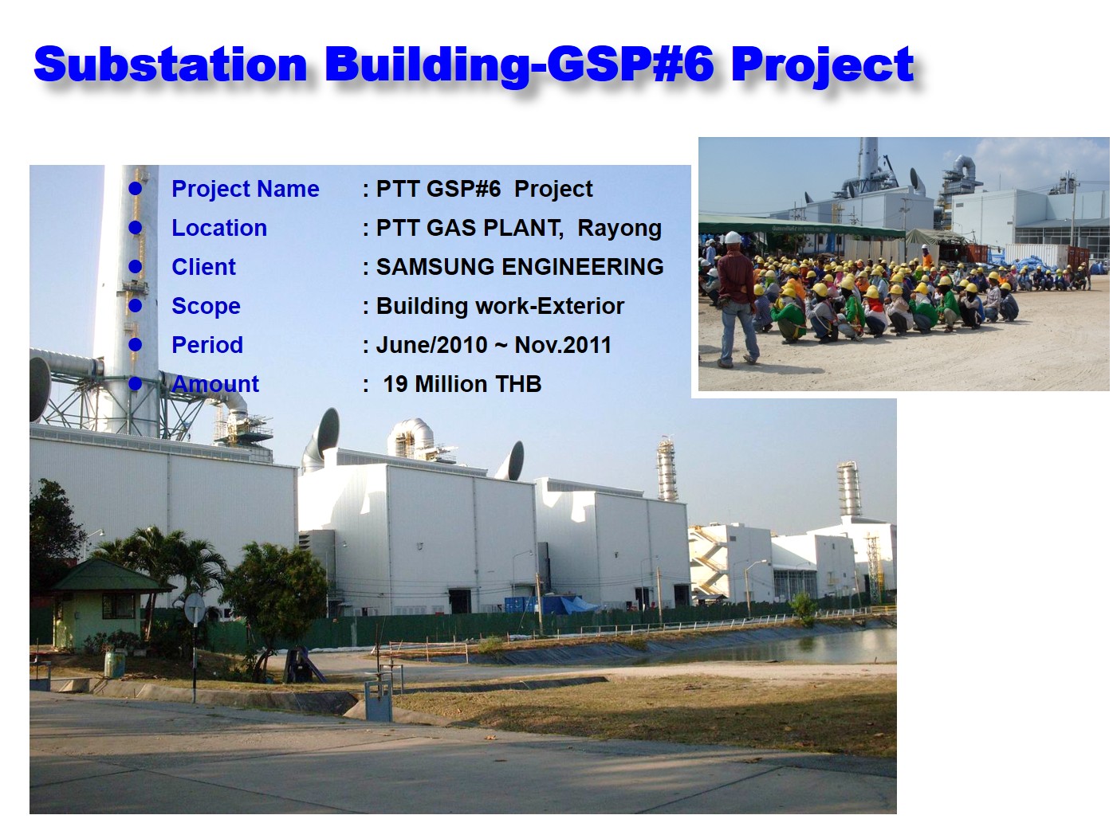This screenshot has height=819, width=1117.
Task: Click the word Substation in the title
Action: (x=170, y=64)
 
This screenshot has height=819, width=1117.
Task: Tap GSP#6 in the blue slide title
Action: (x=629, y=64)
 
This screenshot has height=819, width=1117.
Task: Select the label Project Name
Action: (x=245, y=189)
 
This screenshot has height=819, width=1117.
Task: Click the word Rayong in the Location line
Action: (x=619, y=228)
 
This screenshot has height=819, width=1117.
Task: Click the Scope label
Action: (x=206, y=306)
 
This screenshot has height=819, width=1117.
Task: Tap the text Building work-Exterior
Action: (x=500, y=306)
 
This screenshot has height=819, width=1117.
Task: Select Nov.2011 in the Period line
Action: (x=563, y=345)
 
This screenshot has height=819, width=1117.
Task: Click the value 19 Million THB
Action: (x=462, y=384)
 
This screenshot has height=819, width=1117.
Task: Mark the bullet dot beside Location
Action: (x=136, y=227)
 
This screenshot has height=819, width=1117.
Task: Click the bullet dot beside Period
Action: (x=136, y=344)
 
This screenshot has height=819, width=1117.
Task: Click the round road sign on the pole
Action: (x=195, y=609)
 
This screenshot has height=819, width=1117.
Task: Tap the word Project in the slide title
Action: (x=822, y=64)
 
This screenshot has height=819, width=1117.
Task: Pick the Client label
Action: (x=203, y=267)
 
